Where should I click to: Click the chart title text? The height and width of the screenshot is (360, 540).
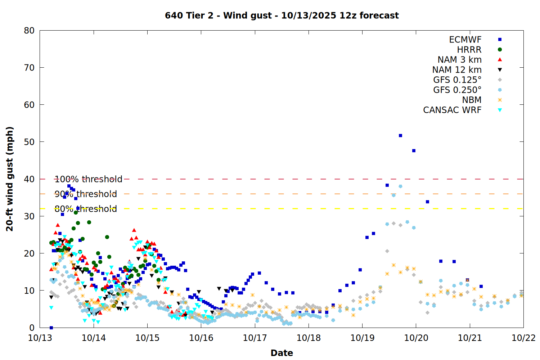(282, 15)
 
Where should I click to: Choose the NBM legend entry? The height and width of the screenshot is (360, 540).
(472, 100)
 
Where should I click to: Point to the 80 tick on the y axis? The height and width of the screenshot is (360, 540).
(29, 31)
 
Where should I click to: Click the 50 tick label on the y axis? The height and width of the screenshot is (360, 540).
(29, 142)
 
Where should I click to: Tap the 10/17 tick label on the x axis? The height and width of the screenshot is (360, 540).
(255, 338)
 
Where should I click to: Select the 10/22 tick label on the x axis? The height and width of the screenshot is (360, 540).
(523, 338)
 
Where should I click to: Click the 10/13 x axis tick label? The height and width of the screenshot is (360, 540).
(40, 338)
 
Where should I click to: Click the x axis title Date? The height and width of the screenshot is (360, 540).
(282, 353)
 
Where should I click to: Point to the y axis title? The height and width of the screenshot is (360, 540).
(10, 179)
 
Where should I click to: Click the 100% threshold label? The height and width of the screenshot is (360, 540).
(89, 179)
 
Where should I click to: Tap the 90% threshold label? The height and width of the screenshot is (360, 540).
(86, 194)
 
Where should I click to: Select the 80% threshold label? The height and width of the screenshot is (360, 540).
(86, 209)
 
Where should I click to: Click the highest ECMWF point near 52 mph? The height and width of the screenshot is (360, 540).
(400, 136)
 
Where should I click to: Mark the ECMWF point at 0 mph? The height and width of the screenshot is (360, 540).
(51, 328)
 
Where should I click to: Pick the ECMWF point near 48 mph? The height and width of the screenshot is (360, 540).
(414, 151)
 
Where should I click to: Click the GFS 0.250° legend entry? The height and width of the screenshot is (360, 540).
(457, 90)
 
